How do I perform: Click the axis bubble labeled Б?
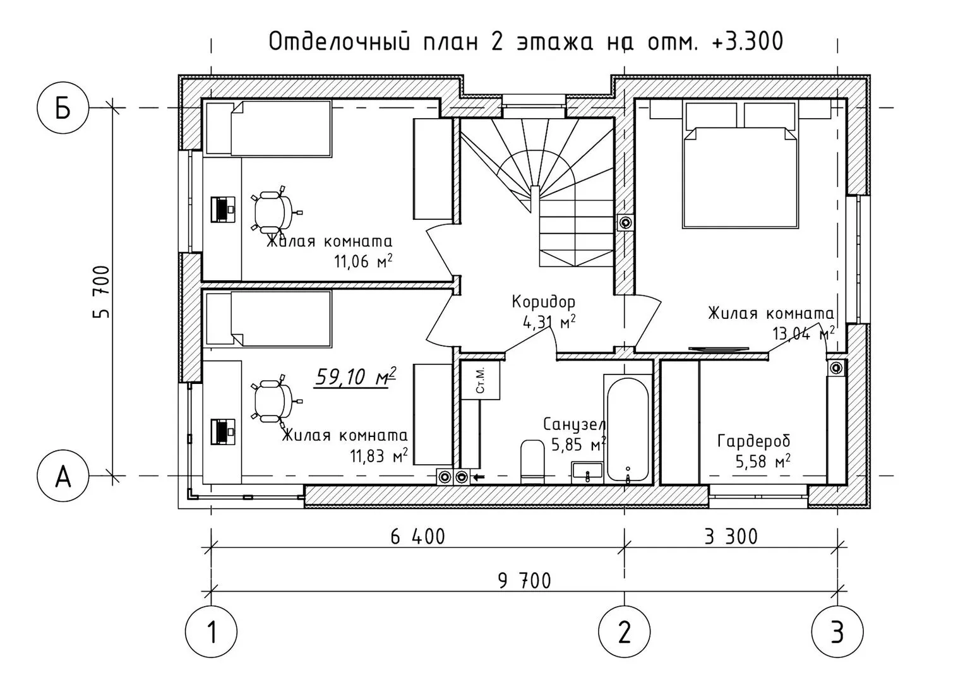coord(63,107)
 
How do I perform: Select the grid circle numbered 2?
coord(624,631)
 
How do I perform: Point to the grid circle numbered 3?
coord(837,631)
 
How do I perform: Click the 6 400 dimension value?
coord(417,537)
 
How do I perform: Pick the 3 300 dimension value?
coord(731,537)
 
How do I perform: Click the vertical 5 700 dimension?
coord(101,292)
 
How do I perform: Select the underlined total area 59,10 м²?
coord(355,377)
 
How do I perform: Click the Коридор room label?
coord(544,302)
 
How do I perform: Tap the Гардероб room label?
coord(754,441)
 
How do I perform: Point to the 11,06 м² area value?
coord(363,261)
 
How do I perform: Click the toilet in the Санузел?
coord(532,462)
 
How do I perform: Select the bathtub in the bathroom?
coord(628,429)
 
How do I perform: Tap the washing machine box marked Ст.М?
coord(480,380)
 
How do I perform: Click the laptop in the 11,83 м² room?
coord(223,432)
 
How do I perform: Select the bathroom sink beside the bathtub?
coord(587,472)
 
